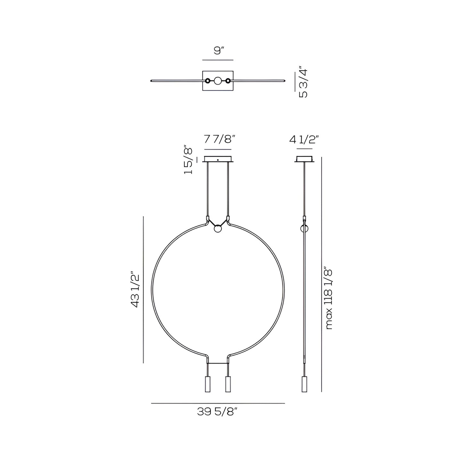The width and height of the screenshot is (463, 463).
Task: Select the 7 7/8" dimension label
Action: pyautogui.click(x=219, y=139)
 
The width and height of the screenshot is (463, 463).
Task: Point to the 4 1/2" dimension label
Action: pyautogui.click(x=304, y=139)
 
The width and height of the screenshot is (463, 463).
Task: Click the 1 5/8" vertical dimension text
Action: pyautogui.click(x=188, y=159)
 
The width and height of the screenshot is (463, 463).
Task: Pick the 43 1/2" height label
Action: pyautogui.click(x=135, y=290)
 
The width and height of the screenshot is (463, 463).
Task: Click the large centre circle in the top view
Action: pyautogui.click(x=218, y=81)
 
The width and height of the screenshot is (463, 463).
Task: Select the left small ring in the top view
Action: pyautogui.click(x=208, y=81)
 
